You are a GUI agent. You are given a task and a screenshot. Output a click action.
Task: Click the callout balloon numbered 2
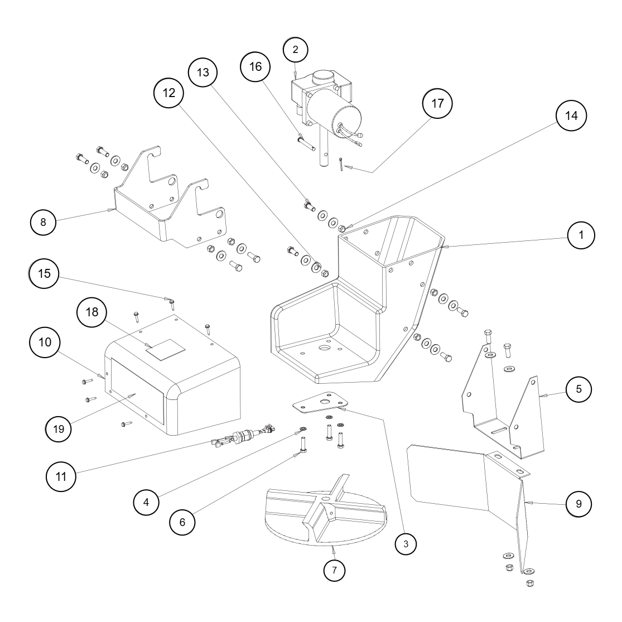(x=296, y=50)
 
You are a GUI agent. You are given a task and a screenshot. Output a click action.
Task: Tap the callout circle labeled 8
(x=44, y=222)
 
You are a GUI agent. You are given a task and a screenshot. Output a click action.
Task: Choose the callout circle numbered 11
(x=61, y=476)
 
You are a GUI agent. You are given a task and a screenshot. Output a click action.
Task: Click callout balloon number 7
(x=334, y=570)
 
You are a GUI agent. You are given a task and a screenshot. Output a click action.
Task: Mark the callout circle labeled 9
(x=578, y=503)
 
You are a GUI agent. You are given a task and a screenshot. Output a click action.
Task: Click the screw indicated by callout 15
(x=172, y=303)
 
